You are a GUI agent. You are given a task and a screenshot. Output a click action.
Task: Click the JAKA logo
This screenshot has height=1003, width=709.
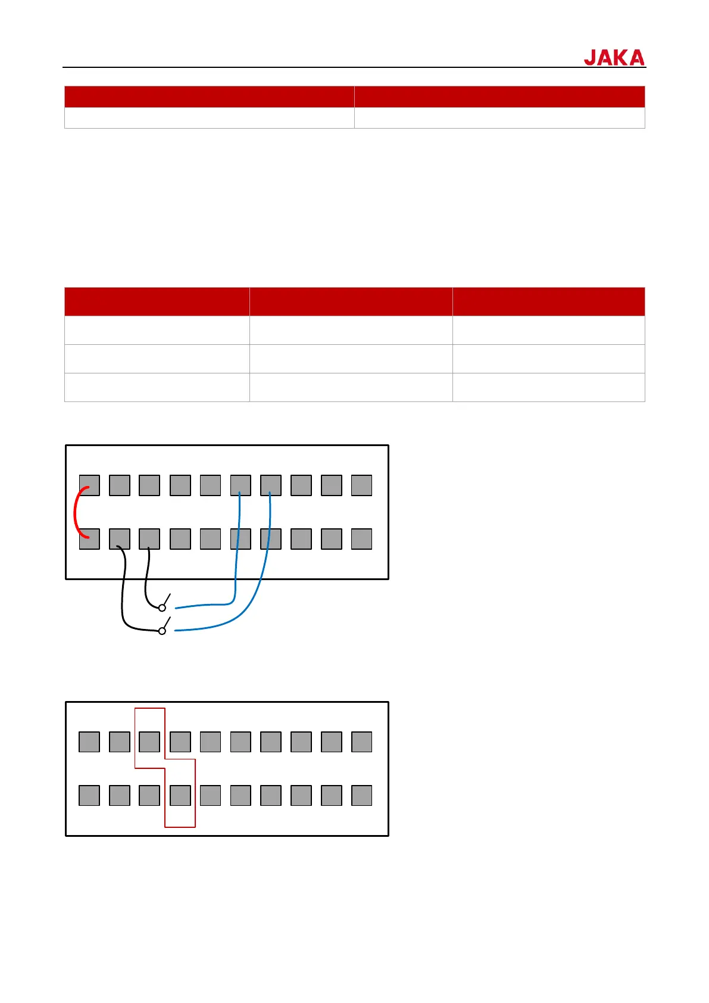tap(614, 57)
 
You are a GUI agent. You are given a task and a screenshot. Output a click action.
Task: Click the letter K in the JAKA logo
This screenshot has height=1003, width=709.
tap(621, 58)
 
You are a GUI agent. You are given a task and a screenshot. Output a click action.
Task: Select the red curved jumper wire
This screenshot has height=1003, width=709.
tap(76, 512)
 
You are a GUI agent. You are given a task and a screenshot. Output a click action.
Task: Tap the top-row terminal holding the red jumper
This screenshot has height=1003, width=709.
tap(89, 485)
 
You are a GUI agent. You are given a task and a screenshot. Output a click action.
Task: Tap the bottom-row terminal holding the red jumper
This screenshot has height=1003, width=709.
tap(89, 539)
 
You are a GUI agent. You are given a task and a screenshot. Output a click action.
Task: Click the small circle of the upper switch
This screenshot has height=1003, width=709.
tap(162, 608)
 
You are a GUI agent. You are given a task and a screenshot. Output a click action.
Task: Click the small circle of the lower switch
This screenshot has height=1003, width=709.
tap(162, 631)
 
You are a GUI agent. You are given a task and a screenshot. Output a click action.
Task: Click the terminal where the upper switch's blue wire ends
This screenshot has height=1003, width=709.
tap(241, 485)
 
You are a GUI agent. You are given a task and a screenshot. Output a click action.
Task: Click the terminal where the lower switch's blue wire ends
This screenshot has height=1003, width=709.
tap(271, 485)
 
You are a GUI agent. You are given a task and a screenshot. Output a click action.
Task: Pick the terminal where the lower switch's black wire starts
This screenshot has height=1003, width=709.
tap(120, 539)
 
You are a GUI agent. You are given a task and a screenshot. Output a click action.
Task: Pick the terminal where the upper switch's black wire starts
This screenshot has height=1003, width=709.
tap(149, 539)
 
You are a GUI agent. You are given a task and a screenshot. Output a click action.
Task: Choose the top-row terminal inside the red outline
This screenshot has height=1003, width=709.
tap(149, 742)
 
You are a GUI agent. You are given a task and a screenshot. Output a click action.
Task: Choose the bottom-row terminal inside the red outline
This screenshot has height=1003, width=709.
tap(180, 795)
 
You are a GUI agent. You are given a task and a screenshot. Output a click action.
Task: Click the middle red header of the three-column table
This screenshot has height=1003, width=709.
tap(351, 301)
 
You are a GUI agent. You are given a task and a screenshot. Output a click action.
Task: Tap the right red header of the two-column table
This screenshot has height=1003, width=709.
tap(499, 96)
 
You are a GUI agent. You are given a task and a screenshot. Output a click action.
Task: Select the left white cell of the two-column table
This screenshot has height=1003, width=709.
tap(209, 118)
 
